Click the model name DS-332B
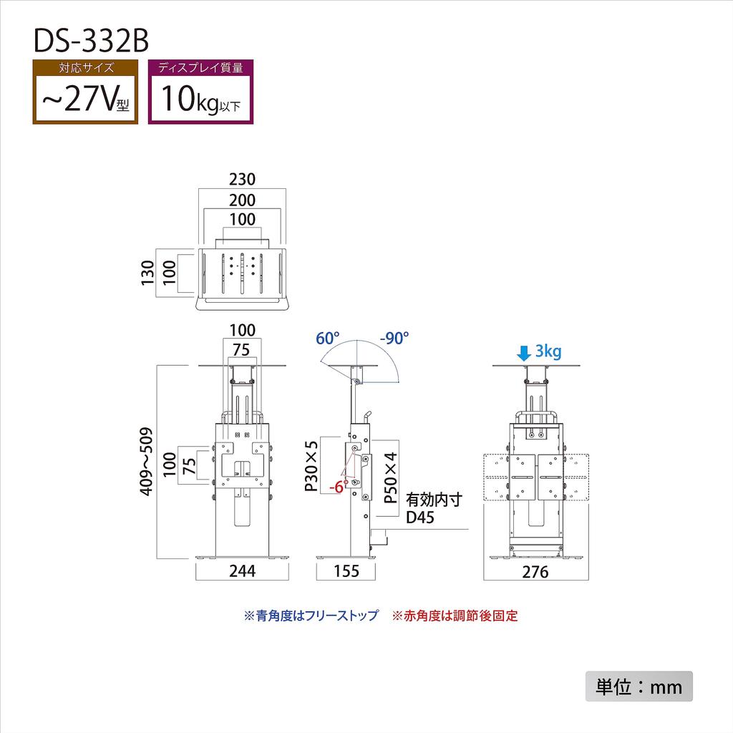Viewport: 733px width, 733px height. tap(91, 41)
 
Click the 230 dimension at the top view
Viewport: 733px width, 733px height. tap(242, 179)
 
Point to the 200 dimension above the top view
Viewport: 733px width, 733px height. tap(242, 200)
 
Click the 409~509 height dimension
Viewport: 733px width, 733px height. tap(147, 462)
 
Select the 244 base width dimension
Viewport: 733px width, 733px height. tap(243, 571)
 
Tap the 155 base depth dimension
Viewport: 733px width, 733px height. tap(346, 571)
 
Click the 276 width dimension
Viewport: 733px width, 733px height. tap(535, 572)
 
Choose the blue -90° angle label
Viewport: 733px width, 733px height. tap(394, 338)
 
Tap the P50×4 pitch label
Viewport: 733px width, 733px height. tap(391, 478)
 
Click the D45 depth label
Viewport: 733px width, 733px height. tap(421, 518)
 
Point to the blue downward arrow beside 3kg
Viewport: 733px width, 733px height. tap(524, 352)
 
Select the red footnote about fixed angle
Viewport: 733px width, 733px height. tap(455, 616)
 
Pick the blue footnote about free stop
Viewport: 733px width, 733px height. tap(311, 616)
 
